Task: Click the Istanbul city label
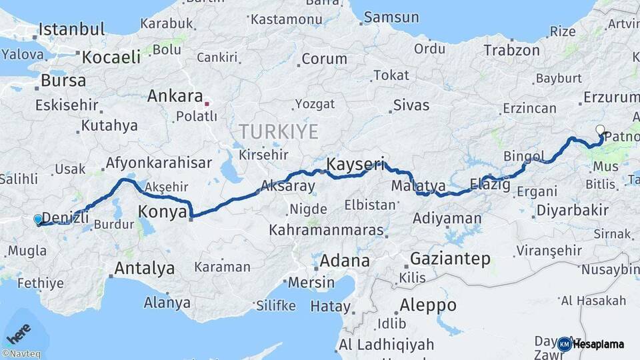72,29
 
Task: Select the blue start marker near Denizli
38,219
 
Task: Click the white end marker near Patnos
600,130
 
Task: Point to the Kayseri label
355,164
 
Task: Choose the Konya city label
162,212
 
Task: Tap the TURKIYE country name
279,131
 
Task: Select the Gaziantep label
451,259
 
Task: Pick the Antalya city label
145,268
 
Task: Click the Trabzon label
511,50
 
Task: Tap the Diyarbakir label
571,211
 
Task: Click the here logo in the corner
19,331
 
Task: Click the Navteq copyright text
21,354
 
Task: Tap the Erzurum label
611,97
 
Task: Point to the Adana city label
344,260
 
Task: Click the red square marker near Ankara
207,103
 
